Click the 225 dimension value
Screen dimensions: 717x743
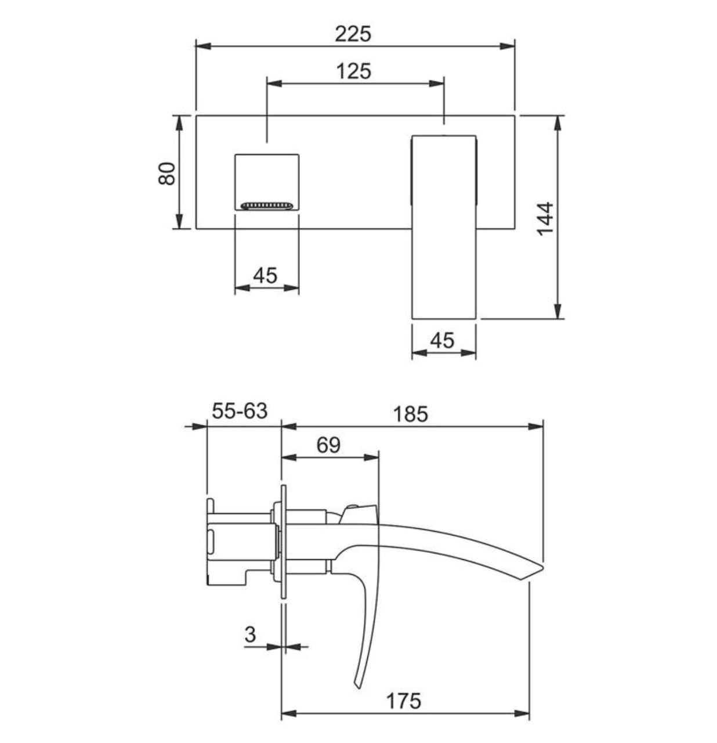353,34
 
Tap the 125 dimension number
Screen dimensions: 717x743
353,71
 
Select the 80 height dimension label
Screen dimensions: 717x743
166,174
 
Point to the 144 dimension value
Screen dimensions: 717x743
545,219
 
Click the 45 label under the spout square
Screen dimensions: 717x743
265,275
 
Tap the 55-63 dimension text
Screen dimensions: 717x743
240,411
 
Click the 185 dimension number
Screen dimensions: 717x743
411,414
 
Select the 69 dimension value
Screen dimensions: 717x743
328,445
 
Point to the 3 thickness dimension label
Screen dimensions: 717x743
250,634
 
